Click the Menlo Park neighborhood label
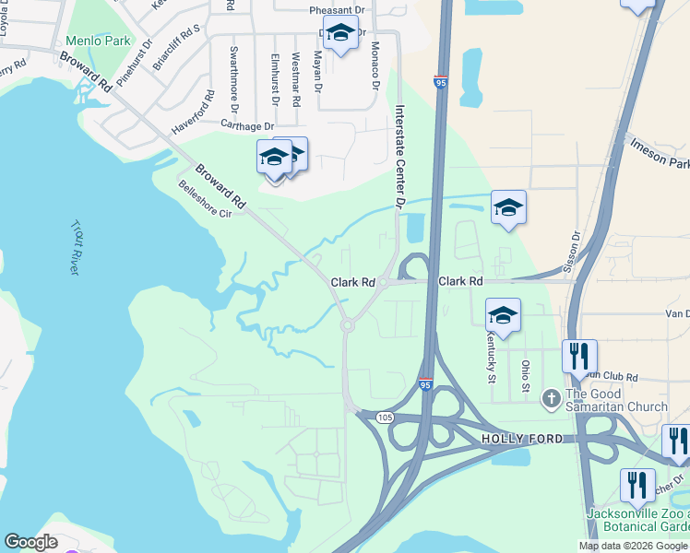[98, 41]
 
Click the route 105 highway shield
[386, 418]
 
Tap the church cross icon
[551, 398]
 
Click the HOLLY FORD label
[521, 441]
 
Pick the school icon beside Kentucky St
[503, 315]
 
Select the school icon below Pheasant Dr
[340, 33]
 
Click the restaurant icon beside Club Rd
[579, 355]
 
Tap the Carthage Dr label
[247, 125]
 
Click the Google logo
[30, 542]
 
